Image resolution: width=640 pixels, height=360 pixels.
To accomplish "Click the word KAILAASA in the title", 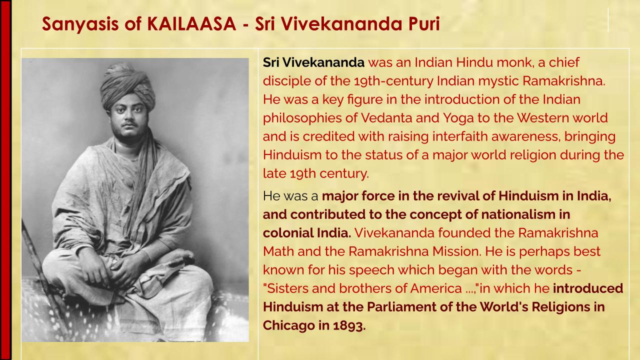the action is [191, 23].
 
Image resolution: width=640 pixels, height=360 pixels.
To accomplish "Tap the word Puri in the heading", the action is [423, 23].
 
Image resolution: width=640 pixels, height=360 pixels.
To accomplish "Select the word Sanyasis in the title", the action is [80, 24].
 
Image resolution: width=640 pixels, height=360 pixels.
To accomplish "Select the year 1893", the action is [349, 325].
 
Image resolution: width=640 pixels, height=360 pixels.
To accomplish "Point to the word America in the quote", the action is [436, 288].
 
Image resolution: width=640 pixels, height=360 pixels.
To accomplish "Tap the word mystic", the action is [498, 81].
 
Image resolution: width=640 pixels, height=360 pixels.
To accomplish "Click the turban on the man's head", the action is [127, 85].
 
